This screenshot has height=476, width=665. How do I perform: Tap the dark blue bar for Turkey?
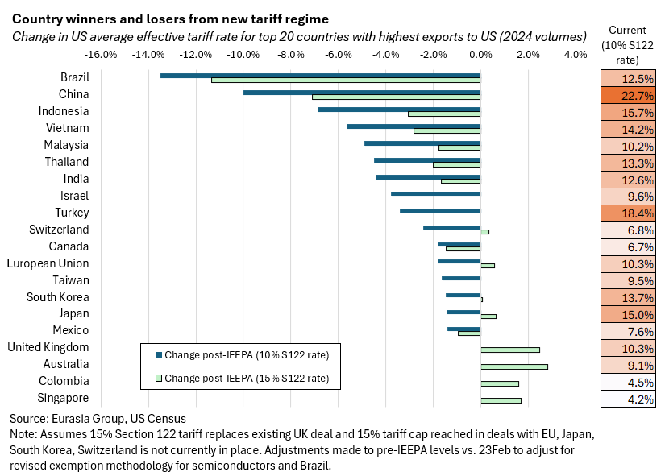pos(440,210)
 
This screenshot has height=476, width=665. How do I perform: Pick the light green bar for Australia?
pos(514,366)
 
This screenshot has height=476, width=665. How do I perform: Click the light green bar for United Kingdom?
pos(510,350)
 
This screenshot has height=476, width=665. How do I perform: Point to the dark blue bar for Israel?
pos(435,193)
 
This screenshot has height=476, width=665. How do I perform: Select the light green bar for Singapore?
pos(501,400)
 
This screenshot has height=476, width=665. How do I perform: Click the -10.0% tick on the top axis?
pos(243,55)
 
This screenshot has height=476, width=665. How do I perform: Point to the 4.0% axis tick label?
pos(575,55)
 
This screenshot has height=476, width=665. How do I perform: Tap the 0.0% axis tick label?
pos(480,55)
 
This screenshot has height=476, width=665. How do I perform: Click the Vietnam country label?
pos(68,128)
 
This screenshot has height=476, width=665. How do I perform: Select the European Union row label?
pos(48,263)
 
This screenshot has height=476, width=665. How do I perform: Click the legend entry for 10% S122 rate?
pos(242,355)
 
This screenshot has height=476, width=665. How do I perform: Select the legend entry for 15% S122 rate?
pos(242,377)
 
